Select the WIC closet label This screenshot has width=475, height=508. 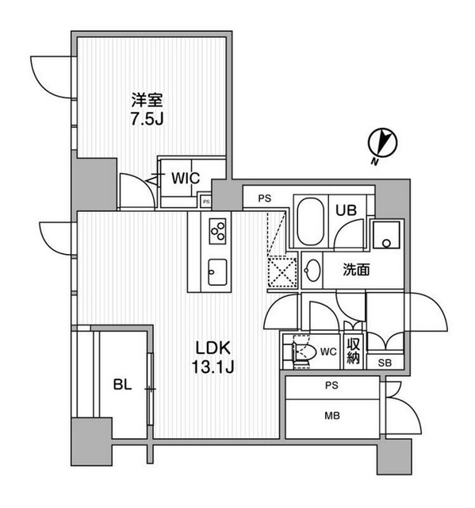[185, 178]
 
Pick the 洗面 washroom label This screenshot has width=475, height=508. [356, 270]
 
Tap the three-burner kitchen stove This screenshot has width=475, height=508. [218, 231]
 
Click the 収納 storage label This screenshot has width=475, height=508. [354, 350]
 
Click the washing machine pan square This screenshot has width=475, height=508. [387, 234]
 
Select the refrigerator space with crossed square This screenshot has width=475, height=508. [281, 270]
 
